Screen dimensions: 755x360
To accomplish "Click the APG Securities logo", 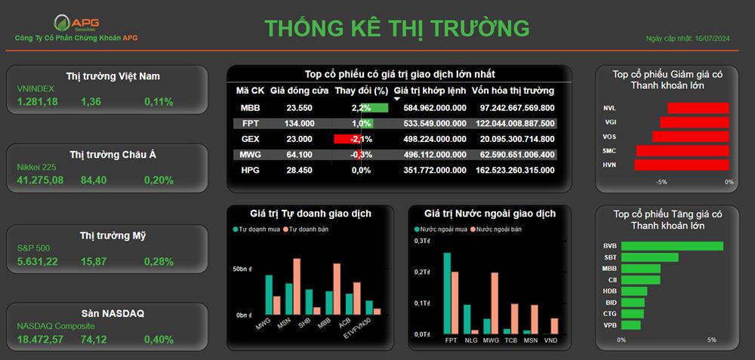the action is [76, 23].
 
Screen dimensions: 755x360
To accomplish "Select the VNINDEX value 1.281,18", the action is [38, 102].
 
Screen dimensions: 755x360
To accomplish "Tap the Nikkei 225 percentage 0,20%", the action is [159, 180].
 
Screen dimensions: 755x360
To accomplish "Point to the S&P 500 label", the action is [33, 248].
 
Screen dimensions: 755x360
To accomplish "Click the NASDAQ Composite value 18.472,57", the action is [41, 340].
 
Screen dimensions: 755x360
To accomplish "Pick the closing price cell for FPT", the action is [300, 124].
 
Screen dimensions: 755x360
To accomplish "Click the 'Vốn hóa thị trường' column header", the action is [513, 91].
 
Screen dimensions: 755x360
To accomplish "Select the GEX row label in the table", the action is [251, 139].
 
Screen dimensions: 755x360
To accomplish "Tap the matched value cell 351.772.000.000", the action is [435, 170].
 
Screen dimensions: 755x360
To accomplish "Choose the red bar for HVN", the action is [682, 165].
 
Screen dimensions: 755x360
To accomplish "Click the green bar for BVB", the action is [672, 246].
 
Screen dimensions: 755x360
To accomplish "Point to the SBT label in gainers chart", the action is [611, 257].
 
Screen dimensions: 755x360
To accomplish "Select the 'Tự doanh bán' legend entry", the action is [306, 229].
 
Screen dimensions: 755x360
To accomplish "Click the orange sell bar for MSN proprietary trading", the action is [297, 286].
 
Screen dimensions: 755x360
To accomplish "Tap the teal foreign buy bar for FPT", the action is [447, 294].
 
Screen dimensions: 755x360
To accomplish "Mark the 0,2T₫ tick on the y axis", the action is [422, 272].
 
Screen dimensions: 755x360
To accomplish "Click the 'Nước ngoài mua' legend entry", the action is [441, 229].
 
